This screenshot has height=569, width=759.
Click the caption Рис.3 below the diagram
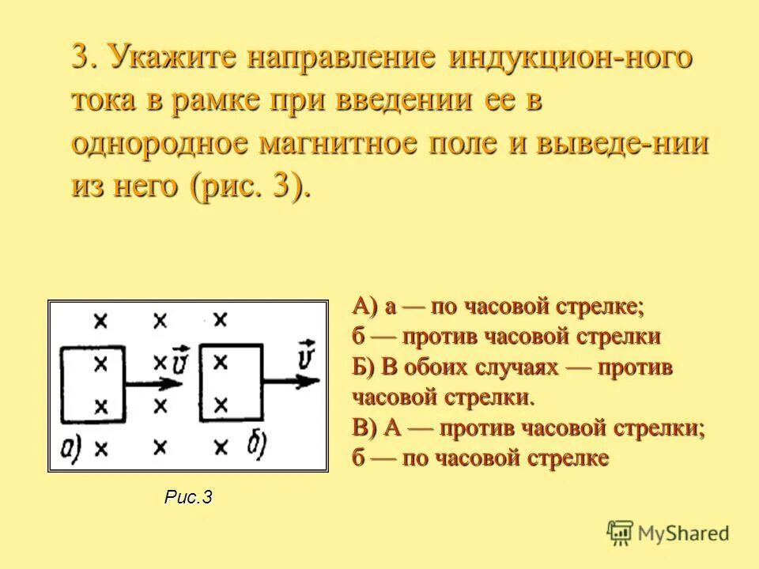point(189,496)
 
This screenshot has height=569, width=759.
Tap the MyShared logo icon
point(621,533)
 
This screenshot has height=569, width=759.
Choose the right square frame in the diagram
point(232,382)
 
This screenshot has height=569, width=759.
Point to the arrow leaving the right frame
point(293,380)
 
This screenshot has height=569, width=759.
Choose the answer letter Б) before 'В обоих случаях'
point(366,367)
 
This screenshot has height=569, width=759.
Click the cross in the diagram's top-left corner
point(100,320)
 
